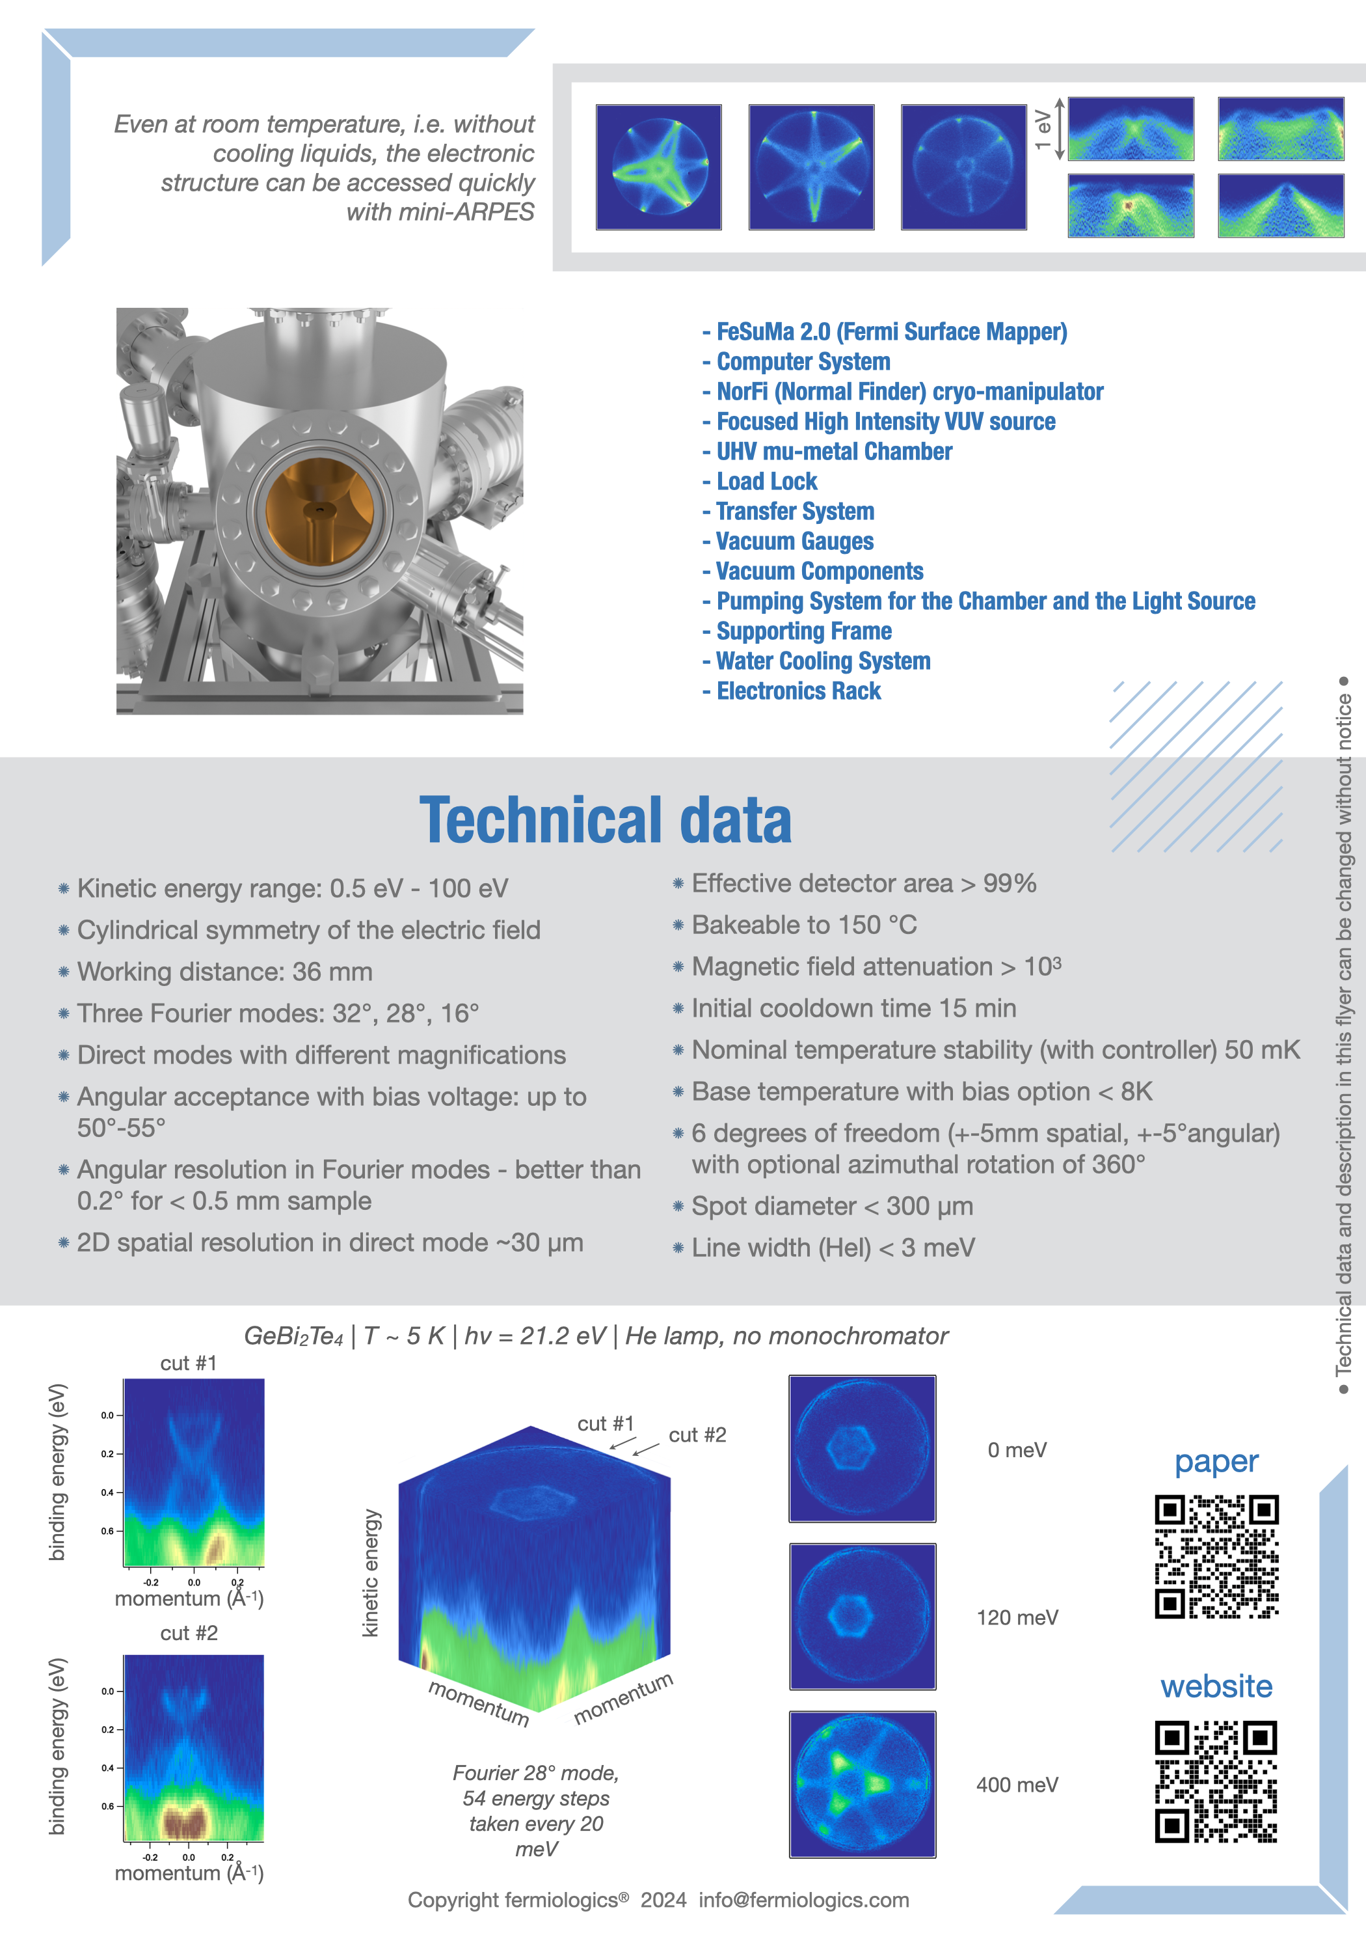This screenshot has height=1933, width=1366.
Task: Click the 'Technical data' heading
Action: coord(606,821)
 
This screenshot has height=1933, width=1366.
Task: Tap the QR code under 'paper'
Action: coord(1216,1557)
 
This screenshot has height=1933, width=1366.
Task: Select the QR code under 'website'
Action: coord(1216,1781)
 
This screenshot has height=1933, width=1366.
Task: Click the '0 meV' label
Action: coord(1017,1450)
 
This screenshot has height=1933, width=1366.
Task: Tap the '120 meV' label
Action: coord(1017,1617)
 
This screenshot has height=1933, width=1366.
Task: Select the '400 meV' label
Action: coord(1017,1785)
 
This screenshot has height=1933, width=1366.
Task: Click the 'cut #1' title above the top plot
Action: coord(189,1363)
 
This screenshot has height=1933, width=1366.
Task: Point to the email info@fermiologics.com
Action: coord(804,1900)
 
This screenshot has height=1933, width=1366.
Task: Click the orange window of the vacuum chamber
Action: coord(319,511)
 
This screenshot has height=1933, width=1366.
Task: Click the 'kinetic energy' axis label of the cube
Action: coord(370,1572)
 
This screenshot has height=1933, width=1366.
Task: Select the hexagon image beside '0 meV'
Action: coord(862,1448)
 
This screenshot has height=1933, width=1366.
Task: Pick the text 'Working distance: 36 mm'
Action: coord(224,972)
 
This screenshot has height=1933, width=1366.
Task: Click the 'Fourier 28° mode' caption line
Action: coord(536,1773)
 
